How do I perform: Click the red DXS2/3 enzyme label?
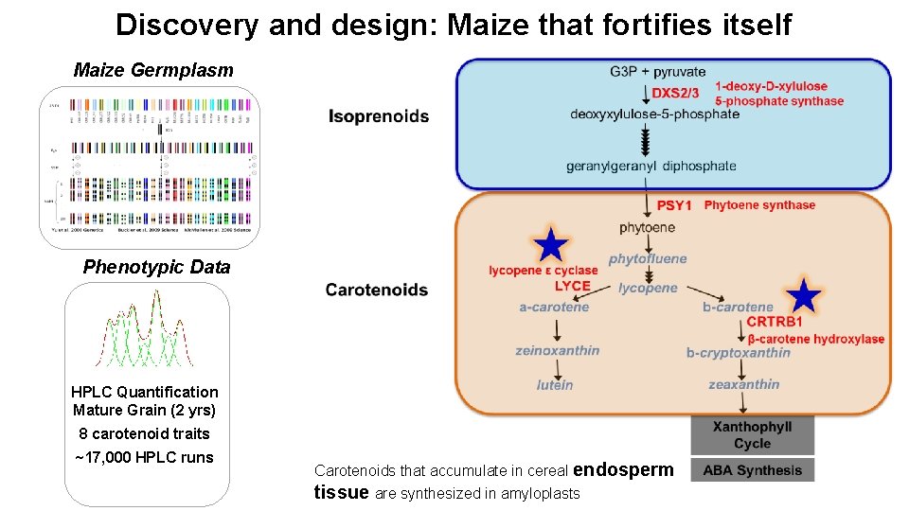[x=675, y=93]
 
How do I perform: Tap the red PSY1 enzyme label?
[x=675, y=205]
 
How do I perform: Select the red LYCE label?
[x=573, y=286]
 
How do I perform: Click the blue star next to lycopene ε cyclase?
[x=550, y=246]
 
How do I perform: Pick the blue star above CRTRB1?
[x=804, y=296]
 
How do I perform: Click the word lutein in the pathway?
[x=555, y=385]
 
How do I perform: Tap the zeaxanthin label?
[x=744, y=384]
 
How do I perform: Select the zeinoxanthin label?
[x=558, y=350]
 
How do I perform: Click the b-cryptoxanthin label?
[x=739, y=353]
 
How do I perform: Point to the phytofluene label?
[x=648, y=259]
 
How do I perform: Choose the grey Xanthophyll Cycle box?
[x=752, y=435]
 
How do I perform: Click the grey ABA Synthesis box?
[x=752, y=470]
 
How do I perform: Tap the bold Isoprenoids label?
[x=379, y=116]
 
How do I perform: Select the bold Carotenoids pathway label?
[x=376, y=290]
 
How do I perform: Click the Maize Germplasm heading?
[x=153, y=70]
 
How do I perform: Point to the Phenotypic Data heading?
[x=156, y=267]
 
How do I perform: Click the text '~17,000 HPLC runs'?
[x=144, y=458]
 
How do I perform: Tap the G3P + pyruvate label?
[x=658, y=72]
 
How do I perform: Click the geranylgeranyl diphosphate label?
[x=651, y=167]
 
